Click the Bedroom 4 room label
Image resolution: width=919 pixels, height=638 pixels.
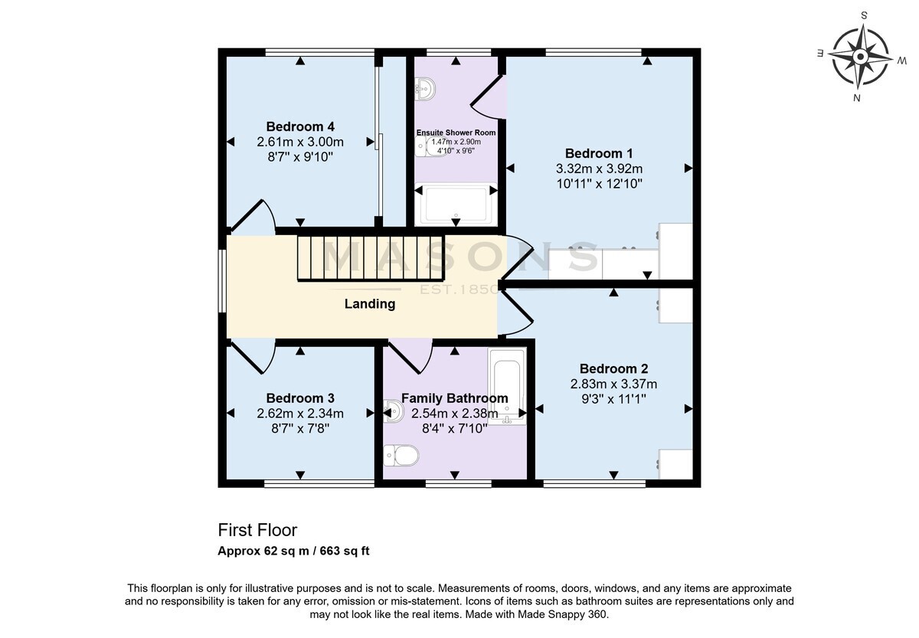(x=300, y=126)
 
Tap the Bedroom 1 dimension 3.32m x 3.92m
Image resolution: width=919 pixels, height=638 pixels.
(x=599, y=168)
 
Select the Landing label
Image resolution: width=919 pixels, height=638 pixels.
(x=370, y=303)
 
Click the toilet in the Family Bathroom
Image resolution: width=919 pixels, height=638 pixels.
(x=401, y=456)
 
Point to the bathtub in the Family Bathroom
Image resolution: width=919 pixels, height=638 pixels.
(x=507, y=386)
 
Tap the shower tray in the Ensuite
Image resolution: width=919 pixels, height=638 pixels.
(x=456, y=204)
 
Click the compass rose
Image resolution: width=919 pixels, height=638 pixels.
(x=860, y=57)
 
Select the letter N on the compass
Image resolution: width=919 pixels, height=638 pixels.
(x=856, y=98)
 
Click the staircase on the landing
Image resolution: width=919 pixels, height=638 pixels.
(x=371, y=258)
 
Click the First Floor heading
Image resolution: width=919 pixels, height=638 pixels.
(x=257, y=530)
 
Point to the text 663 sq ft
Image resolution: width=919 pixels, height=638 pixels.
(x=345, y=551)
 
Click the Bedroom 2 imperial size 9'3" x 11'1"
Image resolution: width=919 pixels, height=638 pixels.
(x=613, y=399)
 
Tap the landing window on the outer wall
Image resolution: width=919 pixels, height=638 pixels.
(x=222, y=281)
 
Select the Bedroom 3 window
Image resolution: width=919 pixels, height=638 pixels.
(x=319, y=483)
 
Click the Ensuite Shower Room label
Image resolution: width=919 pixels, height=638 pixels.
(x=456, y=133)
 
